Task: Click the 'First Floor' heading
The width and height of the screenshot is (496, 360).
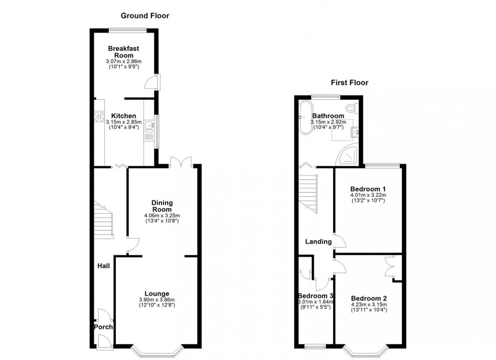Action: [349, 82]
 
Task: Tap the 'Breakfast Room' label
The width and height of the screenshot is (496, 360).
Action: [123, 52]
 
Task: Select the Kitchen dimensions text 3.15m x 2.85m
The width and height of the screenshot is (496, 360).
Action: [123, 122]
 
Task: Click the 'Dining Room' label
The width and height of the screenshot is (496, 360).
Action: [162, 206]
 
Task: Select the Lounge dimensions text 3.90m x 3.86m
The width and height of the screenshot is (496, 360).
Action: [156, 300]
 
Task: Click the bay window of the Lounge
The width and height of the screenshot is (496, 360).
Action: [156, 349]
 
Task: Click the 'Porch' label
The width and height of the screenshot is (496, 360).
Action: [103, 327]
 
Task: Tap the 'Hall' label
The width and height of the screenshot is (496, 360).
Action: [104, 265]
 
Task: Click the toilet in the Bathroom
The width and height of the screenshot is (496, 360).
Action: [354, 108]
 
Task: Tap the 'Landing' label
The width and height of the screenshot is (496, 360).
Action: [318, 242]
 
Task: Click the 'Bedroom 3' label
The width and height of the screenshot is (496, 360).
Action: [315, 296]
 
